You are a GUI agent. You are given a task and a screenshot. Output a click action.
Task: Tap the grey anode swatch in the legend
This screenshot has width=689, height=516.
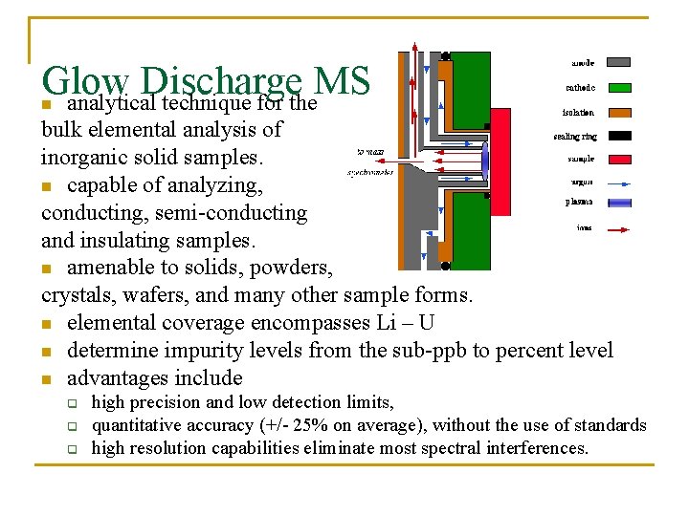tap(619, 62)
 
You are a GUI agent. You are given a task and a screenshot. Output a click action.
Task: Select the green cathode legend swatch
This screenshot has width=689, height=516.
tap(619, 87)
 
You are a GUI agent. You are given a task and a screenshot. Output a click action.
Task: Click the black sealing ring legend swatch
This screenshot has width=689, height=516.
tap(619, 136)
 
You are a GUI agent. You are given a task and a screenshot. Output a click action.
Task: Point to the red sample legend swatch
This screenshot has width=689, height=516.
tap(619, 159)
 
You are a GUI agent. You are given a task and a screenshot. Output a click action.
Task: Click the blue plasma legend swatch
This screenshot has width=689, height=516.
tap(619, 203)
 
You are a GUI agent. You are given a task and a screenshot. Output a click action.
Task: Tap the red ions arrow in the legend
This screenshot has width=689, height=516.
tap(619, 229)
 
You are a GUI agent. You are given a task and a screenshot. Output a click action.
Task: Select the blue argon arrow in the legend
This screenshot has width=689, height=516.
tap(619, 183)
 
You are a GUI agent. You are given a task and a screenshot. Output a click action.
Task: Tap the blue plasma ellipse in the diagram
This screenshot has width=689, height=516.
tap(485, 160)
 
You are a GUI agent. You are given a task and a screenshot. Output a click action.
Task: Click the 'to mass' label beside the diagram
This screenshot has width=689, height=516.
tap(368, 151)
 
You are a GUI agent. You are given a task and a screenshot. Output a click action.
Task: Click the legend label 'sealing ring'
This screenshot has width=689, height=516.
tap(575, 136)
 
